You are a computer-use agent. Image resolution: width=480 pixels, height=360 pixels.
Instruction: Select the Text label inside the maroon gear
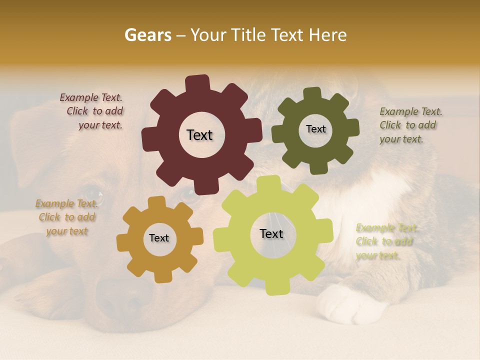[x=199, y=135]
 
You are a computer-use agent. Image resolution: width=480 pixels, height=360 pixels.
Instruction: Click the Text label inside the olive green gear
[x=315, y=129]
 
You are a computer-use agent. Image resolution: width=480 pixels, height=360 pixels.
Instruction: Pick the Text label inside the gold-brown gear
[x=159, y=238]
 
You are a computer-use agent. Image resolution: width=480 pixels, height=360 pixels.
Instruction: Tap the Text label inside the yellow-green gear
[x=271, y=234]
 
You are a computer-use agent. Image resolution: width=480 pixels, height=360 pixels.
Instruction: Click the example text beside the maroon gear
[x=93, y=111]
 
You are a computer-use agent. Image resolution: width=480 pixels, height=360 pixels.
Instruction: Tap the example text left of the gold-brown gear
[x=66, y=217]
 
